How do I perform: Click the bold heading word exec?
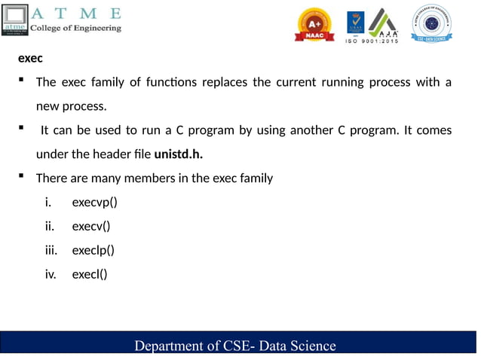point(30,58)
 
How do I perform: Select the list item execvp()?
point(94,203)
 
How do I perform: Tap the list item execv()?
point(90,226)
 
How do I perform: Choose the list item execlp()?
point(93,250)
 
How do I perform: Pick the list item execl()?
point(89,274)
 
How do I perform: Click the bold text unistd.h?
point(179,155)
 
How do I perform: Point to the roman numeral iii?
point(51,250)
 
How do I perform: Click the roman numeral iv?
point(51,274)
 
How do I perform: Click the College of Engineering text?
point(75,28)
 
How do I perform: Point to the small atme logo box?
point(15,21)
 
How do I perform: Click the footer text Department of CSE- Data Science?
point(234,346)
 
